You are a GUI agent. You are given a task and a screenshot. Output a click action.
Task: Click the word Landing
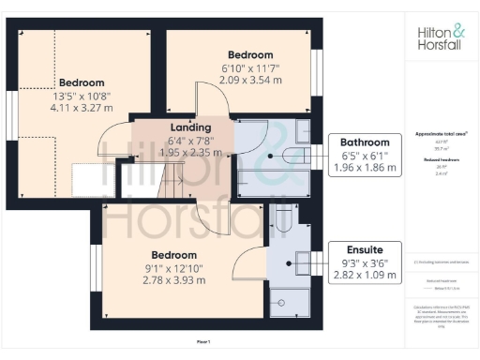coord(189,127)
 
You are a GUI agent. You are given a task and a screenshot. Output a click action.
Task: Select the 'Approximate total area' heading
coord(441,134)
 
